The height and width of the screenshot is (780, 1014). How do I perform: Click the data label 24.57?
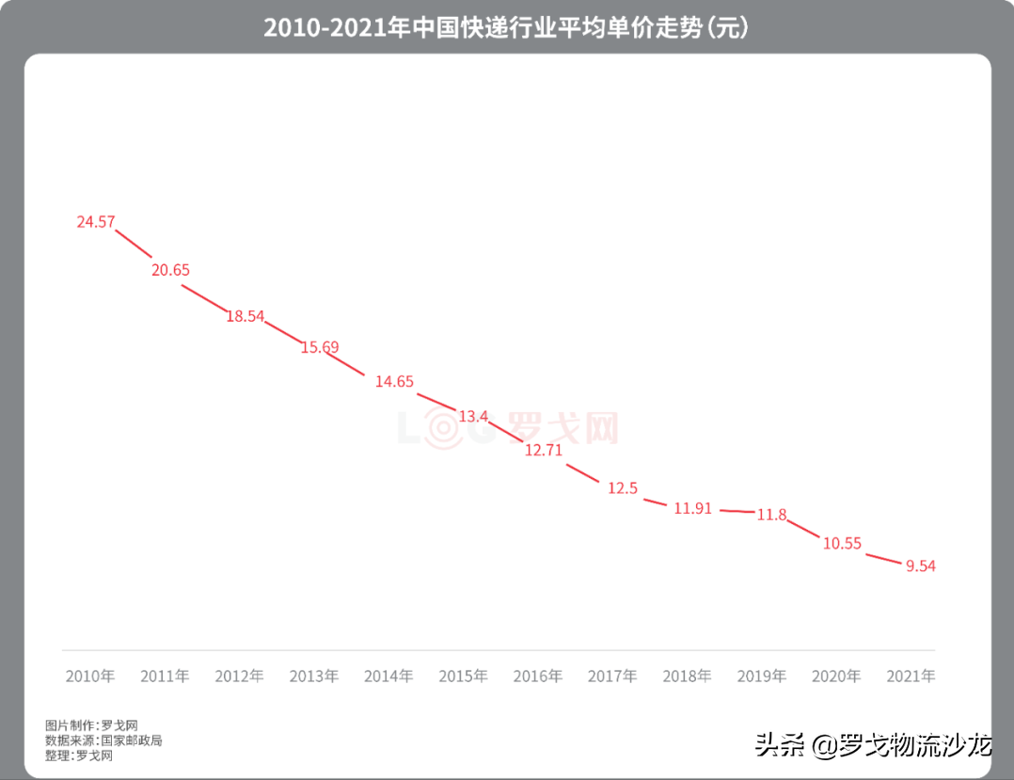click(x=96, y=222)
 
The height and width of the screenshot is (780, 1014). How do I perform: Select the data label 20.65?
click(x=170, y=270)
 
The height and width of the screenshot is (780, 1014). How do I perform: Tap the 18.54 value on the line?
click(x=245, y=316)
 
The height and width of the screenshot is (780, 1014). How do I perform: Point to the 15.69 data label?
click(x=320, y=347)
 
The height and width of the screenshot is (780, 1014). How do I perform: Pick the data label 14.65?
click(x=394, y=381)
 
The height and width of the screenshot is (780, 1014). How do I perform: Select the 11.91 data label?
click(x=693, y=508)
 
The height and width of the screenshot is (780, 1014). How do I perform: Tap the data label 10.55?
click(x=842, y=543)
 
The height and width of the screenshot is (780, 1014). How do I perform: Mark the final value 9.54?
click(x=921, y=565)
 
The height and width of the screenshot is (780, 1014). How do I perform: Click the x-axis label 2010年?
click(x=90, y=676)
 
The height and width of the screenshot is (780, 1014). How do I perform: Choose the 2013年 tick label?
click(x=314, y=676)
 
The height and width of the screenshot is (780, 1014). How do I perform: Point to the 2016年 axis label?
click(x=538, y=676)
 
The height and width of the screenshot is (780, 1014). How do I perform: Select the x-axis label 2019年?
click(x=762, y=676)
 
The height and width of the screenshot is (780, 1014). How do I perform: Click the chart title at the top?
click(x=506, y=28)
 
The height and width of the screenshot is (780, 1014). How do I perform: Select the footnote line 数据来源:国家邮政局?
click(x=103, y=740)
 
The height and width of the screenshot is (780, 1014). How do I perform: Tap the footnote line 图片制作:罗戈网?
click(x=92, y=725)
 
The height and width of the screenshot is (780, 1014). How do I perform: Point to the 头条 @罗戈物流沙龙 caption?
click(x=873, y=746)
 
